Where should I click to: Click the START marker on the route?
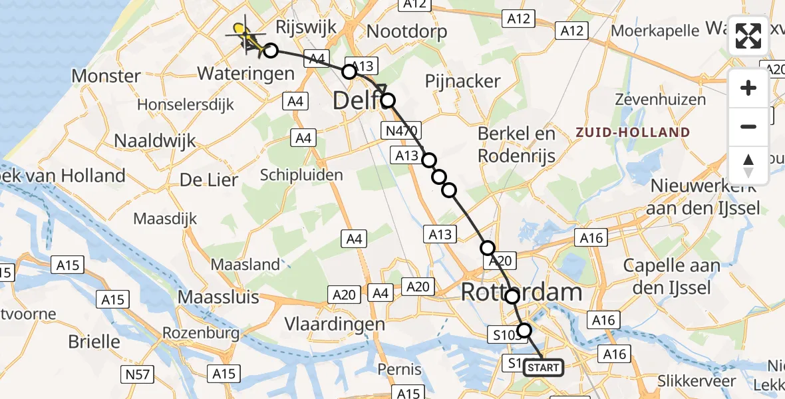[544, 367]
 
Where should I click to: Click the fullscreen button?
[748, 36]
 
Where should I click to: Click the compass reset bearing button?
[748, 166]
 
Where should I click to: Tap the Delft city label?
[356, 101]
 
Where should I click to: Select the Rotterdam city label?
[522, 292]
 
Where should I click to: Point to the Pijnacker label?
[462, 81]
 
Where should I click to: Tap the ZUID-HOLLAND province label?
[633, 132]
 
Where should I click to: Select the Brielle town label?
[94, 342]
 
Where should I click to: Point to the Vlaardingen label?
[335, 324]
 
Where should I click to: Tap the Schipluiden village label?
[301, 175]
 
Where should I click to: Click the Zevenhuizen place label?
[651, 100]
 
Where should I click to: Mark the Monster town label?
[106, 76]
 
